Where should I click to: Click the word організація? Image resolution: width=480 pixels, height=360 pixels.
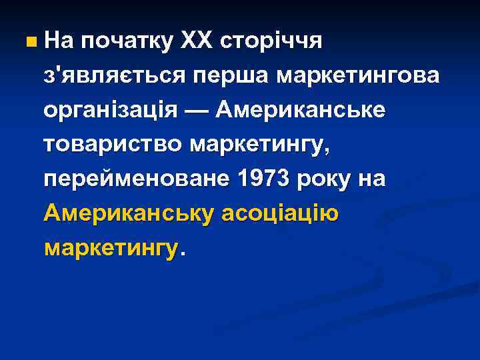(x=111, y=110)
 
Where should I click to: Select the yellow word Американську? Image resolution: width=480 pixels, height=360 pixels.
(x=128, y=214)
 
